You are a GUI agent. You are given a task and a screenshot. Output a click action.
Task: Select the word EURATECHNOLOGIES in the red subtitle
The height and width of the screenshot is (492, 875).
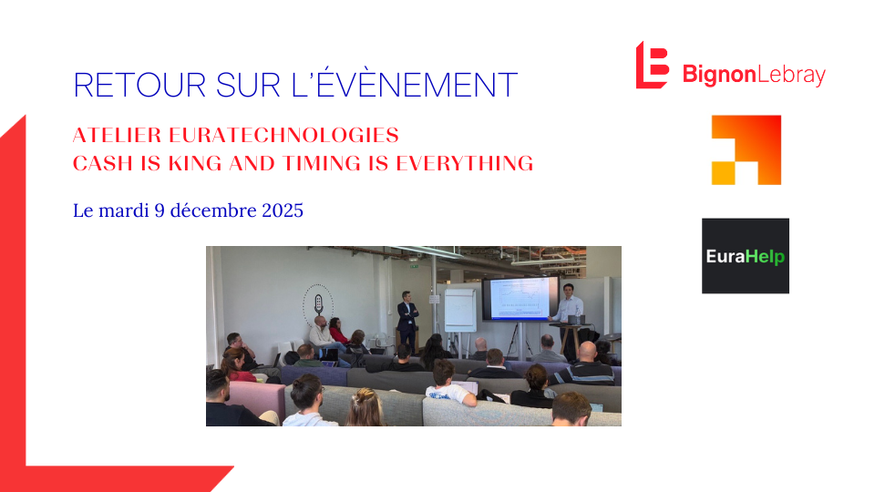tap(283, 136)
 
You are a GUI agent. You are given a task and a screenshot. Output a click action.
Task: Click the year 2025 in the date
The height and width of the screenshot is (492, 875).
tap(279, 210)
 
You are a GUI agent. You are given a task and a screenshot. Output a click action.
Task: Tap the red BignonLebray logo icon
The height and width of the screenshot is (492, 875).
tap(652, 65)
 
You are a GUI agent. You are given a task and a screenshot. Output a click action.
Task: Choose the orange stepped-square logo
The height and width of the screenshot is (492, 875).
tap(746, 149)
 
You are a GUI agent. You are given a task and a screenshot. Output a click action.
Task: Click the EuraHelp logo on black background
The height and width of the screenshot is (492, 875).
tap(745, 256)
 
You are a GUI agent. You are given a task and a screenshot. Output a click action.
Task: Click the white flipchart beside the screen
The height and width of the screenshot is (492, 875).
tap(460, 309)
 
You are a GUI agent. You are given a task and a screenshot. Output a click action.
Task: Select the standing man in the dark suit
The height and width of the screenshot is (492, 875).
tap(407, 321)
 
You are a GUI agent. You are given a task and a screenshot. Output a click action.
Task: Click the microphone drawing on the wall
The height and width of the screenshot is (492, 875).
tap(319, 302)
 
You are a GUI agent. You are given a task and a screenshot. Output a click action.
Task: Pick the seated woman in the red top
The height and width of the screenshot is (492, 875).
tap(336, 333)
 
